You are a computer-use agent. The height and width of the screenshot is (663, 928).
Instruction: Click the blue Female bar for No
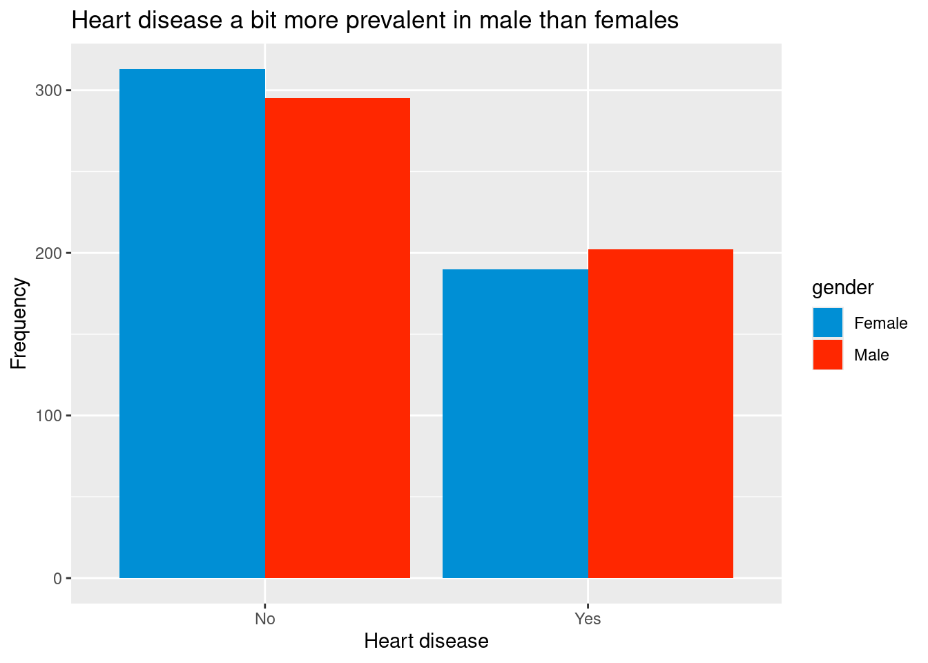coord(192,323)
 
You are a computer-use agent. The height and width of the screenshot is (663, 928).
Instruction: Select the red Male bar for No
coord(338,338)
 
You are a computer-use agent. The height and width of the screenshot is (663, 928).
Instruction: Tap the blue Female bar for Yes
coord(515,423)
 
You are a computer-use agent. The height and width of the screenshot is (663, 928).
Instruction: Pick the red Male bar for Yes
coord(661,414)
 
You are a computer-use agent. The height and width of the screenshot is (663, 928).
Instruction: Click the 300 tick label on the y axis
coord(48,90)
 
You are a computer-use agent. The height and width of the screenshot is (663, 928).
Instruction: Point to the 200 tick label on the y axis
coord(48,253)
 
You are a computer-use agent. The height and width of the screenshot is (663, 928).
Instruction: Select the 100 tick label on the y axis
coord(48,416)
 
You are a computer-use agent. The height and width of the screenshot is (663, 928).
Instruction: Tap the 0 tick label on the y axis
coord(57,579)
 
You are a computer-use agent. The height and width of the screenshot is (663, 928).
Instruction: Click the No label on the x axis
coord(265,619)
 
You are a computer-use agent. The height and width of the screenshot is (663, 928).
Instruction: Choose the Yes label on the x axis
coord(588,619)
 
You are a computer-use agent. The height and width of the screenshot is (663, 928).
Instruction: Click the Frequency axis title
coord(19,323)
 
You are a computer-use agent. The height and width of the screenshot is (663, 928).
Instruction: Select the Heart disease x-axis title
coord(426,641)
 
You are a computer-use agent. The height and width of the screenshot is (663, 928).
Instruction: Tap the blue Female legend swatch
coord(828,323)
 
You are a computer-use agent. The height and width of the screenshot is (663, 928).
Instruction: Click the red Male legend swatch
coord(828,355)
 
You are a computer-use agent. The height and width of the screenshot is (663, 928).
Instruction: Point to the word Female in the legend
coord(881,323)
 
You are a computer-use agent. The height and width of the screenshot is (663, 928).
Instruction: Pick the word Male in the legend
coord(871,355)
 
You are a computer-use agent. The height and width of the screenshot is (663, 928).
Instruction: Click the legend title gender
coord(842,288)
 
